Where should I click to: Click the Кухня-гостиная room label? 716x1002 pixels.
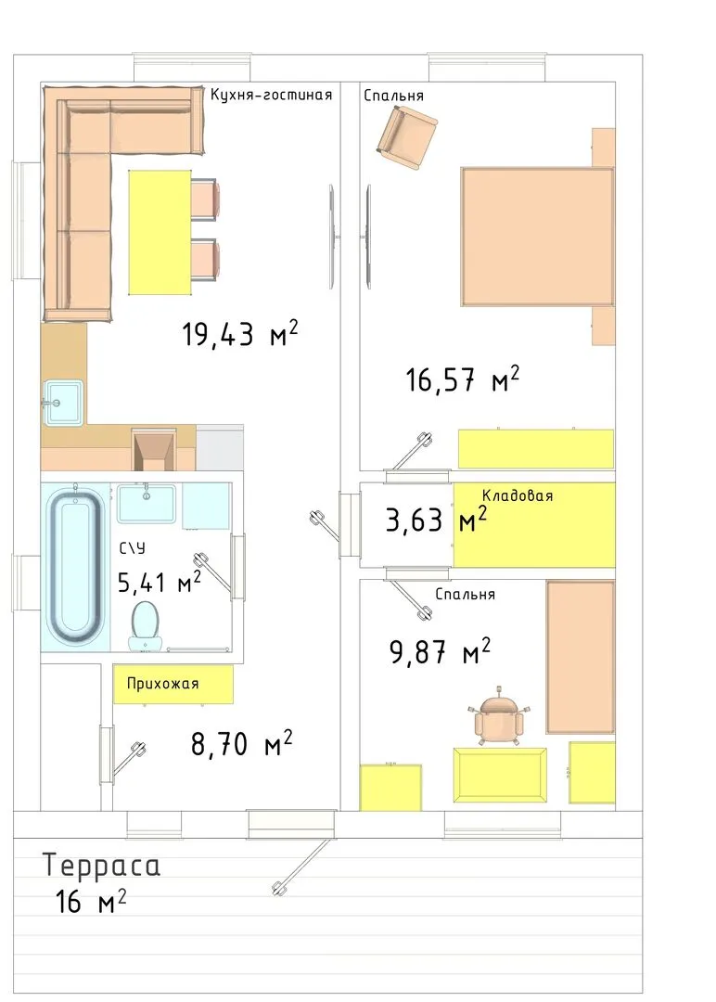272,96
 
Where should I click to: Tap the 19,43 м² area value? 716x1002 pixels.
240,333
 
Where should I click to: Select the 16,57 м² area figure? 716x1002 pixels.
463,379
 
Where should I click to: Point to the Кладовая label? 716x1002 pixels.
518,495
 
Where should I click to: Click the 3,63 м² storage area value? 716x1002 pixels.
436,520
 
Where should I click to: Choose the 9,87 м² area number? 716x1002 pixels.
440,652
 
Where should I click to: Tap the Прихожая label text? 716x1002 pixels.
163,684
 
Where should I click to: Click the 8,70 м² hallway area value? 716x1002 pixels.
242,744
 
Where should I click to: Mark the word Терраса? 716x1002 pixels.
101,866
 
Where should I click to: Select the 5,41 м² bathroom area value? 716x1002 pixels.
160,582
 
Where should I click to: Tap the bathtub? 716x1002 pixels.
75,566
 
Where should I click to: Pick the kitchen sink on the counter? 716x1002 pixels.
62,403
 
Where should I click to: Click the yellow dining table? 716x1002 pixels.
160,232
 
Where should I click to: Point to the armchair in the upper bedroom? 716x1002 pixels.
406,137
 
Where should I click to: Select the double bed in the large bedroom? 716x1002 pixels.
537,237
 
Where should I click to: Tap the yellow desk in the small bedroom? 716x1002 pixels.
500,775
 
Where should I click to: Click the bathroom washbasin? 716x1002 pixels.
147,504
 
